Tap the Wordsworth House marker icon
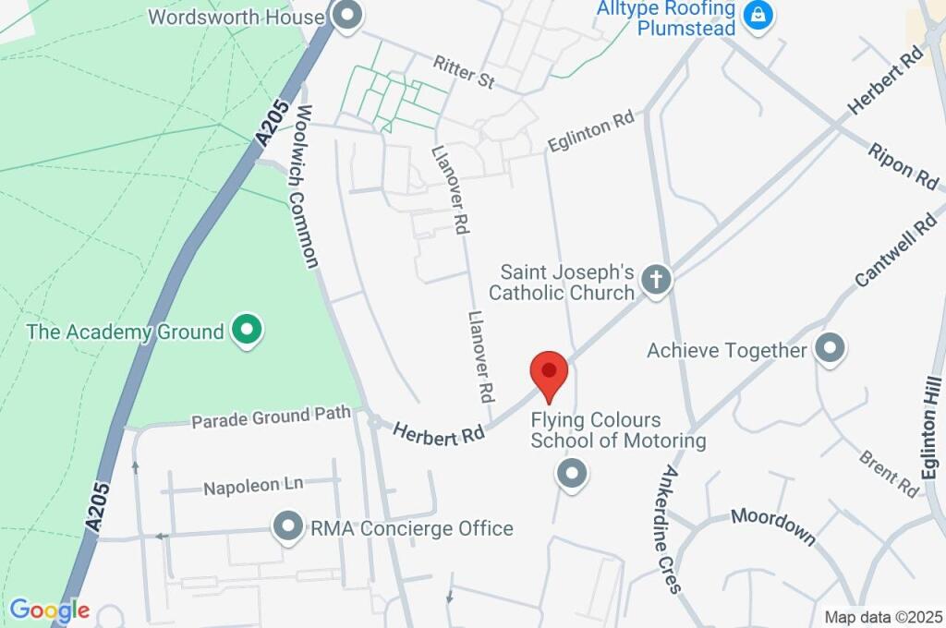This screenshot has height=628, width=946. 347,17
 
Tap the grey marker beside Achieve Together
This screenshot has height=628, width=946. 830,350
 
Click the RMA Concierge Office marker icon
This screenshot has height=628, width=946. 288,527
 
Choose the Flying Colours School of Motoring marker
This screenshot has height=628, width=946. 572,474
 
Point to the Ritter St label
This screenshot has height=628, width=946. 464,72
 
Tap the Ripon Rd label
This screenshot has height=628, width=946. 903,165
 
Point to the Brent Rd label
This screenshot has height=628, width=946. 889,469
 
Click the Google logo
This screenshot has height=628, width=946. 50,610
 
